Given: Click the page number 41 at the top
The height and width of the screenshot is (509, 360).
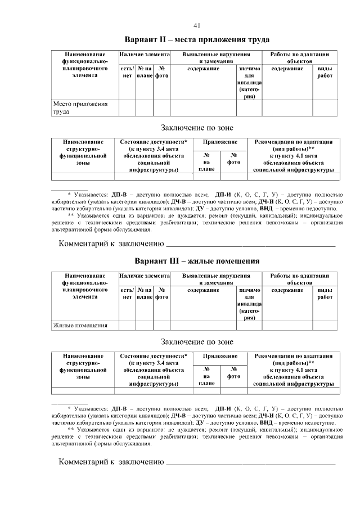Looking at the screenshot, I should pos(197,25).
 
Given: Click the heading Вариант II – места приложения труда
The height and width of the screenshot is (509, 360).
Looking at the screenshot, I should pos(197,40).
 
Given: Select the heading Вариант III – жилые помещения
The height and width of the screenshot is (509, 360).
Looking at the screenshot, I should pos(197,261).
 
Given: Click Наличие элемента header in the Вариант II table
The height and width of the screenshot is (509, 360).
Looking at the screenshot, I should pos(144,55).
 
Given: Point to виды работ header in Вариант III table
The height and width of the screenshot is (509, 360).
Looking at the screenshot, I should pos(325,294).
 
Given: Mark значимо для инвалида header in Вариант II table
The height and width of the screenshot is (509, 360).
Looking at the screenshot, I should pos(250,82).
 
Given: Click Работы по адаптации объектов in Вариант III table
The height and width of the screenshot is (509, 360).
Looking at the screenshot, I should pos(299,280).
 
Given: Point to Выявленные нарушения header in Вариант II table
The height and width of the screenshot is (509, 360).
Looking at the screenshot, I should pos(216,58).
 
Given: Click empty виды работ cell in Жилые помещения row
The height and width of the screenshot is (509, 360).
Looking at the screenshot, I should pos(325,325).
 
